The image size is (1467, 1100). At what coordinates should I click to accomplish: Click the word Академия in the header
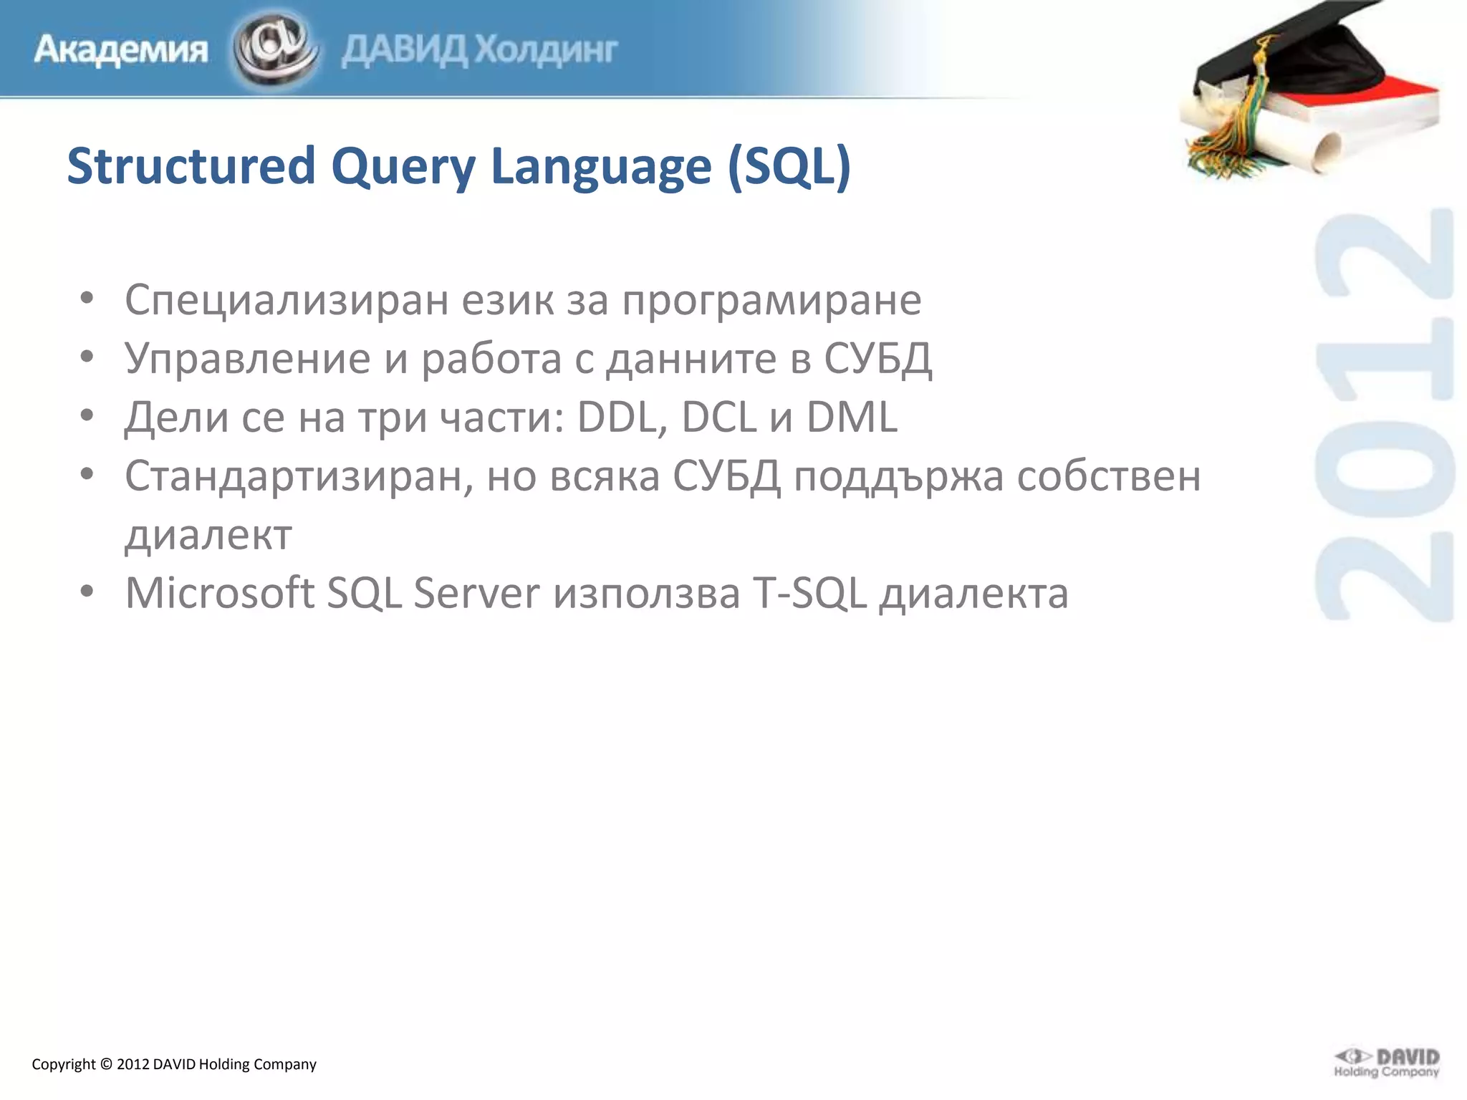(120, 50)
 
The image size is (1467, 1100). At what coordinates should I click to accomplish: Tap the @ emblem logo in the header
(275, 49)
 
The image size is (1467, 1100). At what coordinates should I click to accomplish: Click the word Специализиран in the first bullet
(287, 299)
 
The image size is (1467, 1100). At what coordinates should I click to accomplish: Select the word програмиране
(771, 299)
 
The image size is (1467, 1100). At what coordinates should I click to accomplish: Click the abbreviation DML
(852, 417)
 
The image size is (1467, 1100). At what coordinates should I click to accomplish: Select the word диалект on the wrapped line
(208, 534)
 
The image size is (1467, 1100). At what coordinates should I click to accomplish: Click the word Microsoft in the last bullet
(220, 593)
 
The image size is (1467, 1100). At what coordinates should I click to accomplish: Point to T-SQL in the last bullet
(809, 593)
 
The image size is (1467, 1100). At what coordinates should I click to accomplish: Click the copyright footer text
(174, 1064)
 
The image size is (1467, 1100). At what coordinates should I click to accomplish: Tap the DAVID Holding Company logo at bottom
(1386, 1063)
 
